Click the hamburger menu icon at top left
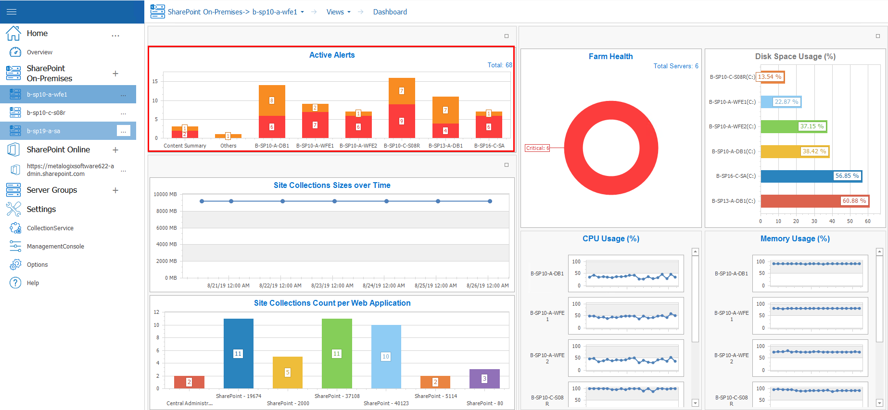click(x=12, y=12)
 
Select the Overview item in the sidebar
click(x=39, y=52)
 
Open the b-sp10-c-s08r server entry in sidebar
click(x=46, y=113)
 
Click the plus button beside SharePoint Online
click(x=115, y=150)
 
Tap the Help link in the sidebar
click(x=33, y=283)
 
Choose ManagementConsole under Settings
click(x=55, y=247)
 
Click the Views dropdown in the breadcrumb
click(x=338, y=12)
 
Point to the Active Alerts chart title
click(x=332, y=55)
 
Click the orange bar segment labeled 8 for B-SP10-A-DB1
click(x=272, y=100)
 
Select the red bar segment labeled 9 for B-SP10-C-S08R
click(x=402, y=121)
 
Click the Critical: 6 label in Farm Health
click(x=537, y=148)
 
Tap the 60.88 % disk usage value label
click(x=854, y=201)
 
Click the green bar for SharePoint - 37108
click(x=337, y=353)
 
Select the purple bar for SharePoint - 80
click(x=484, y=378)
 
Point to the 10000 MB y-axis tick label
click(x=165, y=194)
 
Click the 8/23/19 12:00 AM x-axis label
click(x=332, y=286)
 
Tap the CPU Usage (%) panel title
click(x=610, y=239)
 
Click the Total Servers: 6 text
click(x=675, y=66)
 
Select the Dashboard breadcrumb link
click(x=390, y=12)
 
